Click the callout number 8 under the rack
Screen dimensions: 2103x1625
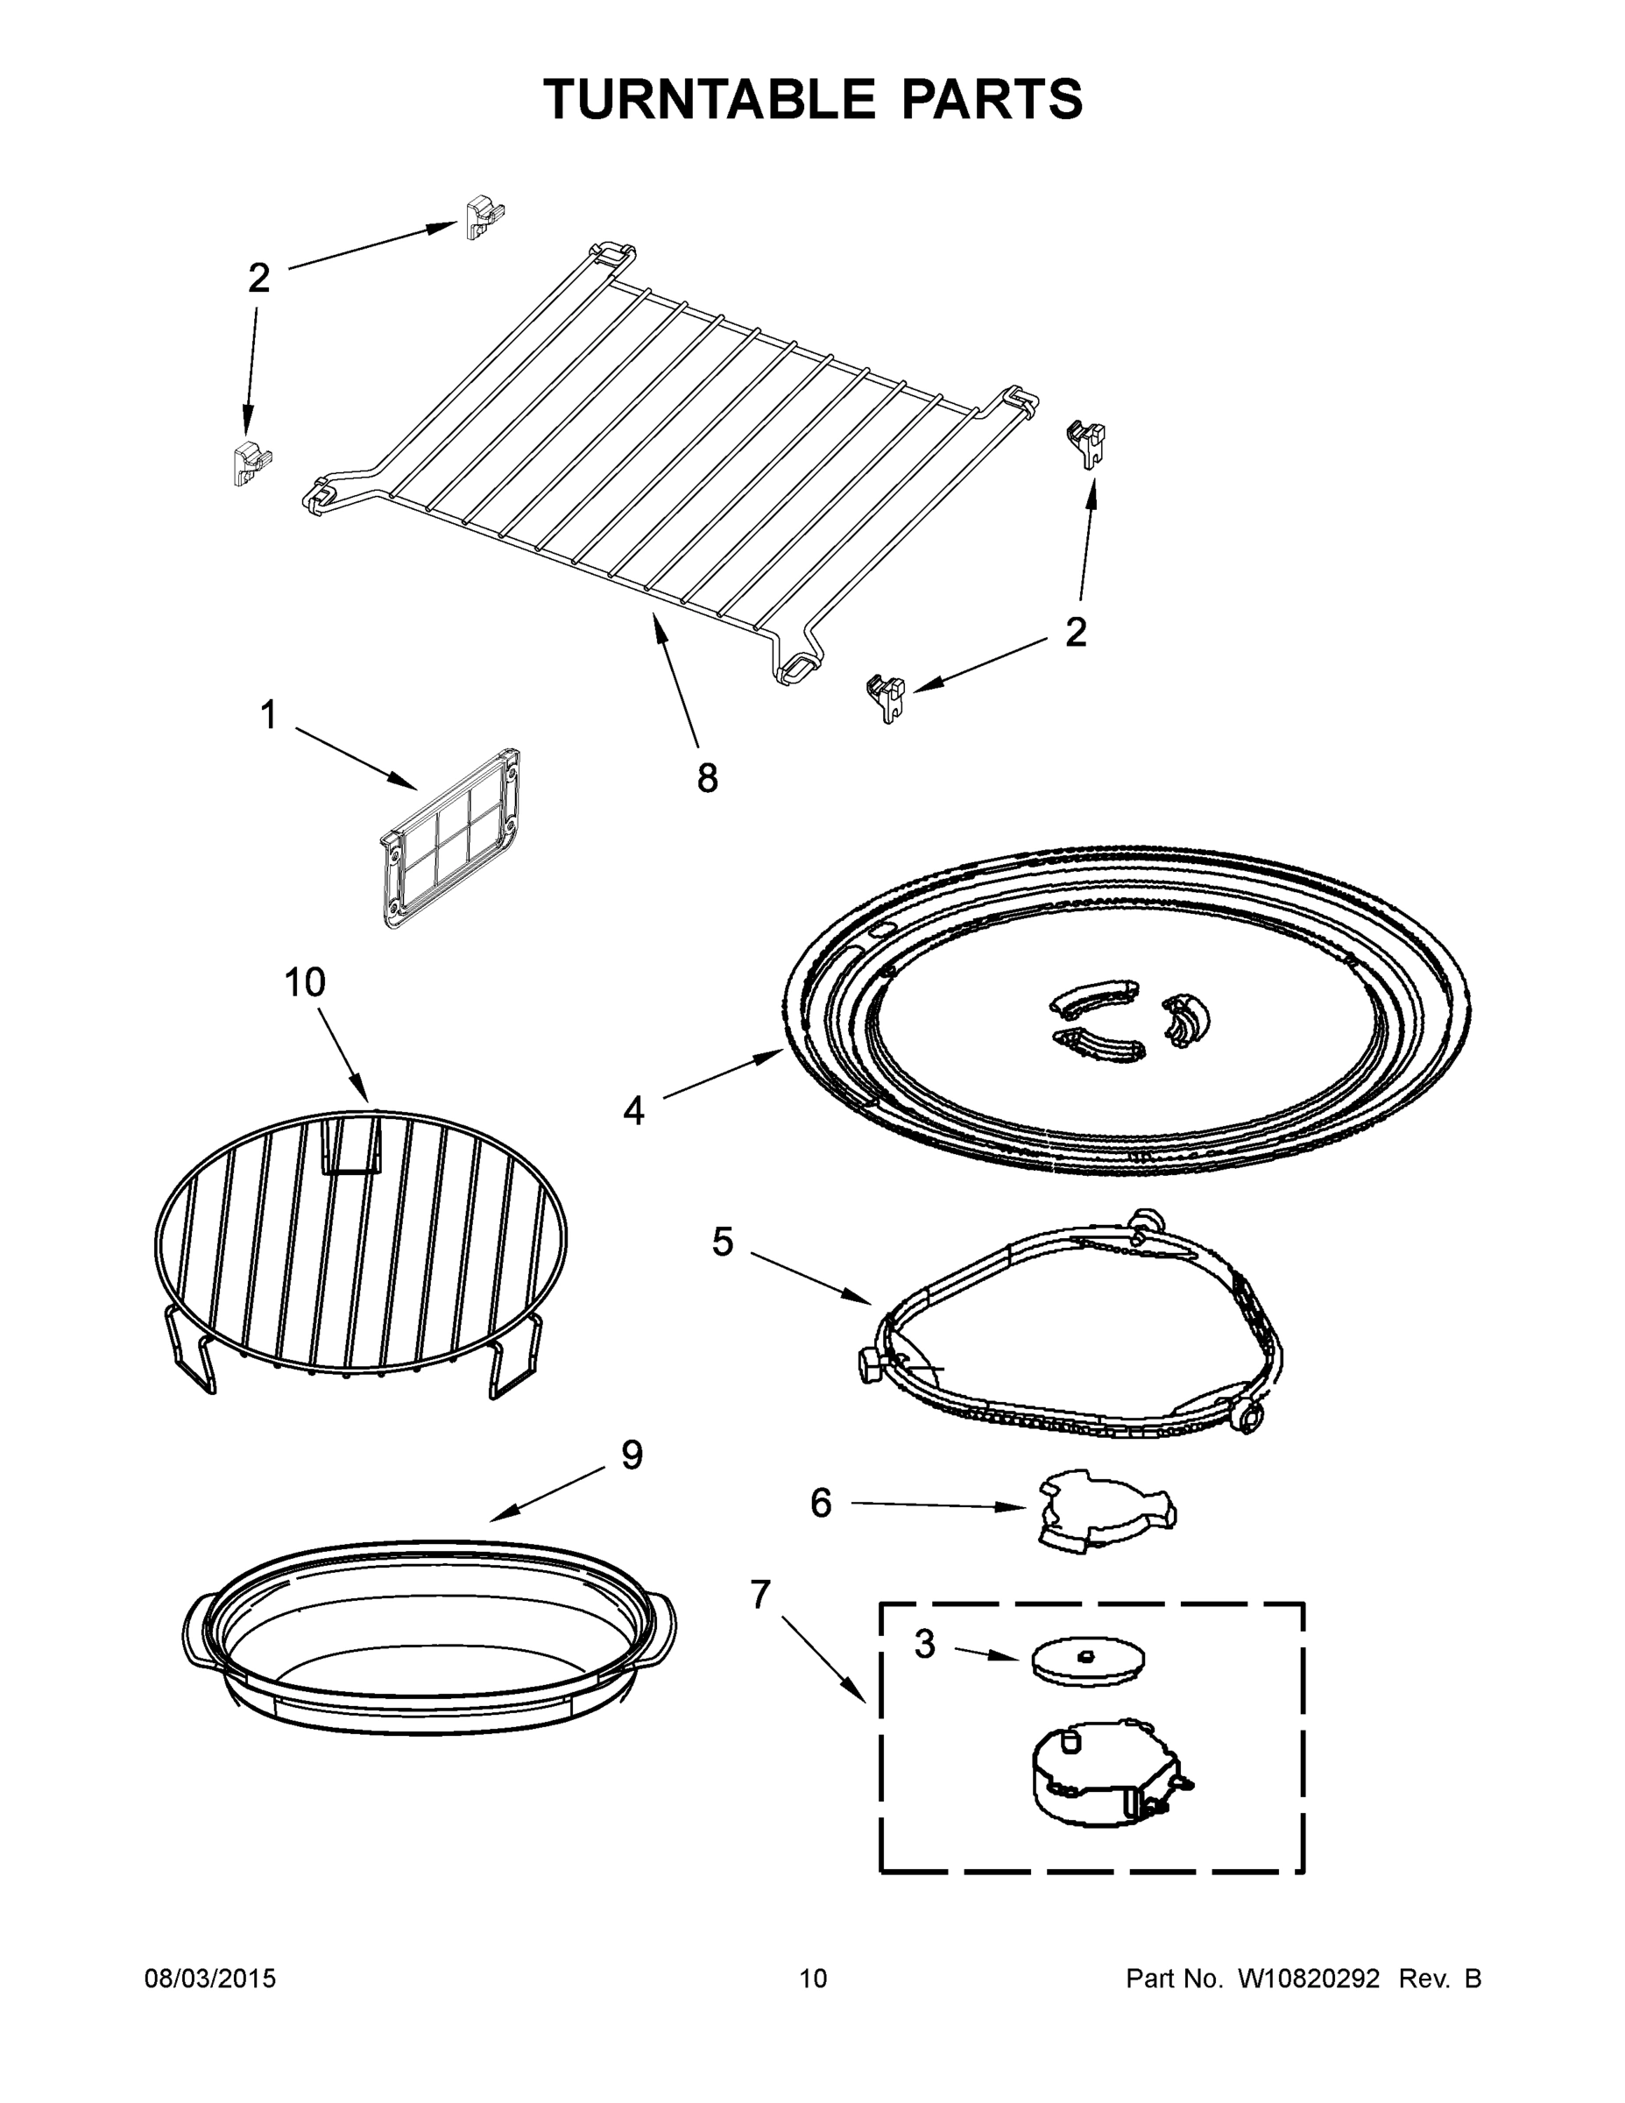click(707, 778)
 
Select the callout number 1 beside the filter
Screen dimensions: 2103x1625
click(269, 715)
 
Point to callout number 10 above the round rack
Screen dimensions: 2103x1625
click(304, 983)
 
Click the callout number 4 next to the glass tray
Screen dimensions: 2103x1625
click(633, 1111)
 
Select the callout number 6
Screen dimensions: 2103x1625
click(820, 1503)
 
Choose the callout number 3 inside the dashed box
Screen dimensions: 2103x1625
click(924, 1645)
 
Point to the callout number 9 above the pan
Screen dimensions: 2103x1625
click(631, 1455)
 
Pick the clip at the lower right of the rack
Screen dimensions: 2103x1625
click(886, 697)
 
